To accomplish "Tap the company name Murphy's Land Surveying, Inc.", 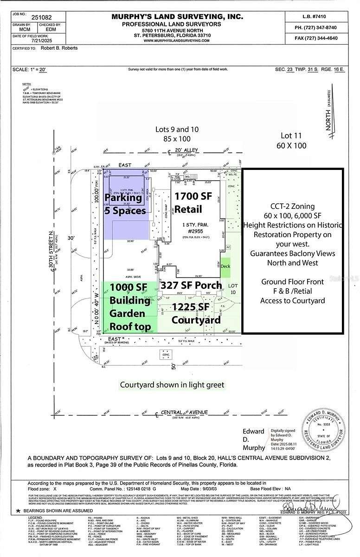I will point(177,17).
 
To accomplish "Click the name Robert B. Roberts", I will point(58,48).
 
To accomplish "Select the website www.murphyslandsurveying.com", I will point(176,40).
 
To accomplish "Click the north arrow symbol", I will point(331,111).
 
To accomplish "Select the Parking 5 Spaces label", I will point(125,204).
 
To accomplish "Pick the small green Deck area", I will point(225,266).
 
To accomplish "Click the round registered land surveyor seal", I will point(324,430).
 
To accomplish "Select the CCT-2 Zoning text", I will point(292,206).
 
